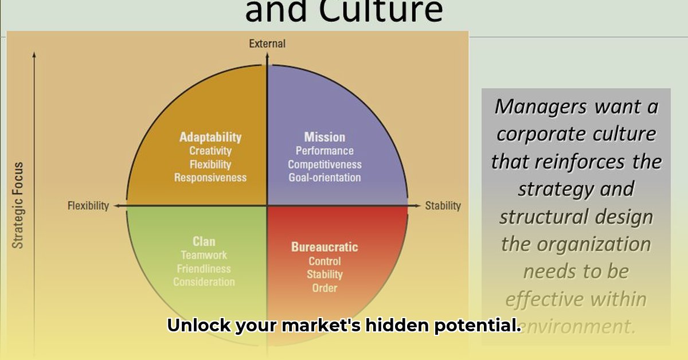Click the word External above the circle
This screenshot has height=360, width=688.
point(267,44)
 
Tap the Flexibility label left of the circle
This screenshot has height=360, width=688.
point(88,206)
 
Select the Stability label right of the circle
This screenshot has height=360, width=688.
point(443,206)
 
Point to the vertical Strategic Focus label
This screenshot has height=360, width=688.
point(19,205)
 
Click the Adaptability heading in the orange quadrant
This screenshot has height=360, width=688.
point(210,137)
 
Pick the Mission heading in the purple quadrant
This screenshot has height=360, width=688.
point(325,137)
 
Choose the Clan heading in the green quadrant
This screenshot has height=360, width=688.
point(204,241)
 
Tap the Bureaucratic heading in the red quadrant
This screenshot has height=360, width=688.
point(325,247)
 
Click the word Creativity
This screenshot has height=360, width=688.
point(210,151)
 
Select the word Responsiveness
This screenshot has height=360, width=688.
point(210,178)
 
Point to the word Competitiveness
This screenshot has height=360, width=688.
point(325,165)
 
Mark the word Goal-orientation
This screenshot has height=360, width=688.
point(325,178)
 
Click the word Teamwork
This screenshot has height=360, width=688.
point(204,255)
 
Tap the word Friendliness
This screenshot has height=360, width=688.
point(204,268)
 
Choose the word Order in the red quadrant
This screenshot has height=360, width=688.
point(325,288)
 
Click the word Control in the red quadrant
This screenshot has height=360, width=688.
point(325,261)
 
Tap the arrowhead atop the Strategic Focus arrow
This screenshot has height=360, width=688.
point(34,55)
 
